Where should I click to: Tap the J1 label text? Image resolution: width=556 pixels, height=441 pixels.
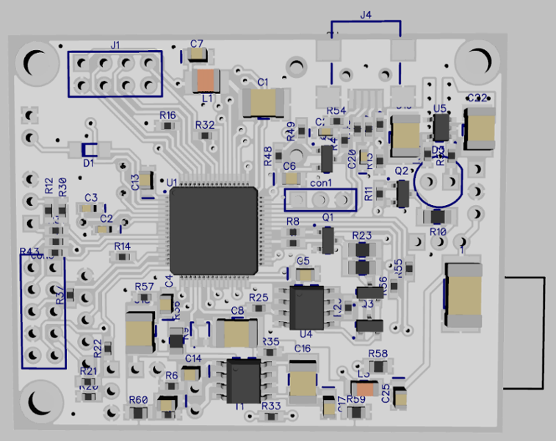point(115,45)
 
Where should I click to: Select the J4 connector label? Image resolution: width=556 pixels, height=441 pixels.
point(366,14)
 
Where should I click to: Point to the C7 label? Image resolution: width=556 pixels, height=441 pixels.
point(196,44)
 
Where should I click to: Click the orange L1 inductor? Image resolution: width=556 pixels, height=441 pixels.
point(206,78)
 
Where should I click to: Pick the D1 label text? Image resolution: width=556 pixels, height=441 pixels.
point(88,163)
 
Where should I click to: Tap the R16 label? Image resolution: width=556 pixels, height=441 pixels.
point(167,115)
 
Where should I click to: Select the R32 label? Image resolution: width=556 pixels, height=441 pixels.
point(205,125)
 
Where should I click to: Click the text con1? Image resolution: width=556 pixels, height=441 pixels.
point(321,183)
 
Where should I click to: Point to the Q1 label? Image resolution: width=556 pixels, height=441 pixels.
point(328,218)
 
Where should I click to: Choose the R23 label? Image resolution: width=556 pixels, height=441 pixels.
point(362,234)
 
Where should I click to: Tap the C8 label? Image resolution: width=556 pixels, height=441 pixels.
point(237,311)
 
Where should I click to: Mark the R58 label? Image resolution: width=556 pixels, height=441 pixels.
point(378,354)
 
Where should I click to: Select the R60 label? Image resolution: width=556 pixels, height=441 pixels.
point(138,400)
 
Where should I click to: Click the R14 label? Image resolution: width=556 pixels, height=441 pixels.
point(122,246)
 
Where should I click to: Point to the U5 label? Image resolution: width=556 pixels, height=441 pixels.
point(440,108)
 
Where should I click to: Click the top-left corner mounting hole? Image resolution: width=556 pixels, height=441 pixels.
point(35,62)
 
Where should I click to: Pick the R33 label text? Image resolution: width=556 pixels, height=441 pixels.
point(270,405)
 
